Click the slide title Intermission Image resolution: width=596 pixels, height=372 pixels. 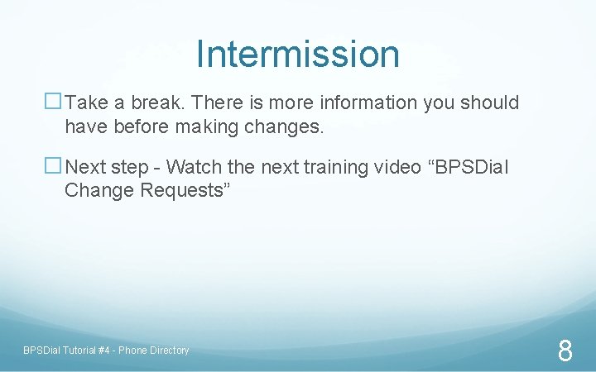[x=298, y=55]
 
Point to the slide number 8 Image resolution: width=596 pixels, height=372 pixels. [x=565, y=351]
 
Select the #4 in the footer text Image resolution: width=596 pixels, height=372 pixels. [x=103, y=351]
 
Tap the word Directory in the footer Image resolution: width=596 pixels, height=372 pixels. [x=169, y=351]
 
